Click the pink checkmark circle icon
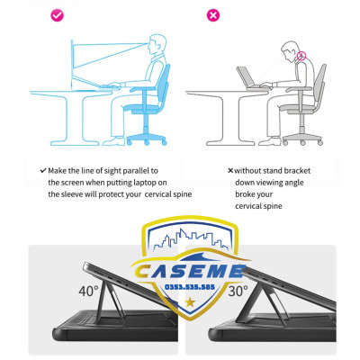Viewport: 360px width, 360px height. pyautogui.click(x=57, y=15)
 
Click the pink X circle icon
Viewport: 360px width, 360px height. pyautogui.click(x=213, y=15)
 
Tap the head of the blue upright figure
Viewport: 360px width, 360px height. pyautogui.click(x=157, y=44)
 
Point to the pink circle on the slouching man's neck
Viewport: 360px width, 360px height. pyautogui.click(x=301, y=56)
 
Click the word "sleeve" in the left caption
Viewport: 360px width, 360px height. pyautogui.click(x=71, y=194)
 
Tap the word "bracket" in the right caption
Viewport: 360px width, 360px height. pyautogui.click(x=297, y=171)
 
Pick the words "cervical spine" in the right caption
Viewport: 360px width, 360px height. pyautogui.click(x=258, y=206)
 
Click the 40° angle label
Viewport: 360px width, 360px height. pyautogui.click(x=88, y=291)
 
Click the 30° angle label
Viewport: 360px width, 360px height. pyautogui.click(x=238, y=291)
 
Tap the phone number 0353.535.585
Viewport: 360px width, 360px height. pyautogui.click(x=190, y=287)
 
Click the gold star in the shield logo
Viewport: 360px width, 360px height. pyautogui.click(x=190, y=302)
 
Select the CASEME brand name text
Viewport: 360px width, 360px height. pyautogui.click(x=189, y=271)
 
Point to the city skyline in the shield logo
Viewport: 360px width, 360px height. pyautogui.click(x=191, y=239)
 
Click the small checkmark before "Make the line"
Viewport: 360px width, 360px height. pyautogui.click(x=43, y=171)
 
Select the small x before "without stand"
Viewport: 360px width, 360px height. pyautogui.click(x=230, y=171)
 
